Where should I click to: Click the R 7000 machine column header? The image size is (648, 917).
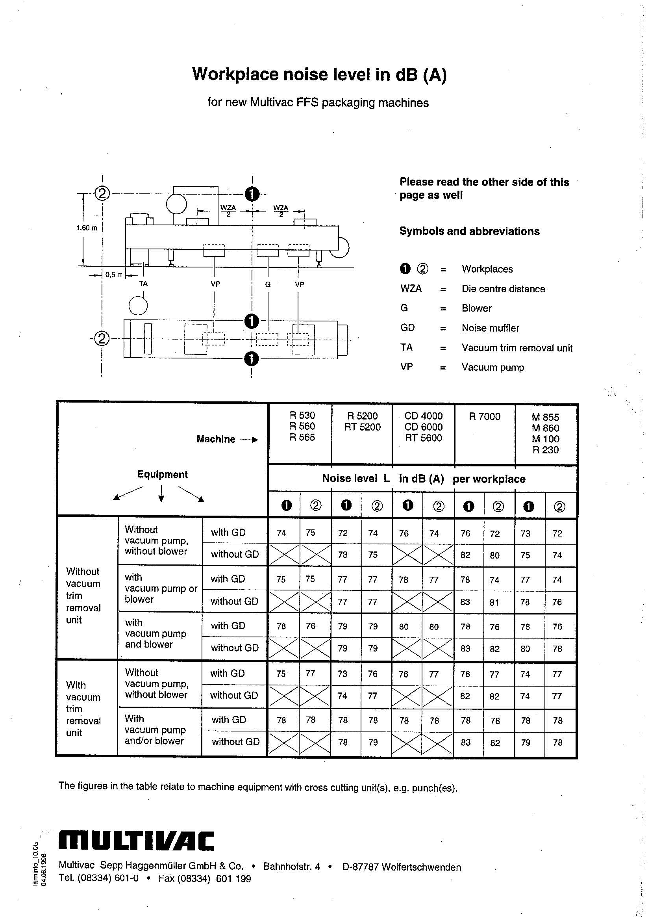(x=484, y=417)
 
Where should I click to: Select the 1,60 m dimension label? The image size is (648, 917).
(x=87, y=228)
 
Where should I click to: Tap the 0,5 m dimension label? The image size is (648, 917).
(x=114, y=275)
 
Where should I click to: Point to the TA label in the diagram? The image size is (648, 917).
(x=143, y=284)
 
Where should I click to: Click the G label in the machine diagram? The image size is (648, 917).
(x=267, y=284)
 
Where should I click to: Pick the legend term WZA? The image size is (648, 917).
(x=411, y=289)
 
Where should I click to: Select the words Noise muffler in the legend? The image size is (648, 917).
(x=490, y=328)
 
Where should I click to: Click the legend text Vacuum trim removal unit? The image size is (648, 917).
(x=517, y=348)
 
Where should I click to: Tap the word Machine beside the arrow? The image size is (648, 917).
(x=216, y=439)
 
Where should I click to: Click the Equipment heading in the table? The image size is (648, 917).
(x=163, y=475)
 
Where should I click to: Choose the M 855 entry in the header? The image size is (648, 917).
(x=545, y=418)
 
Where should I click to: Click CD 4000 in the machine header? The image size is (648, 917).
(x=424, y=416)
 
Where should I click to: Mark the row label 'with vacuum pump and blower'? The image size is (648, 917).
(x=156, y=633)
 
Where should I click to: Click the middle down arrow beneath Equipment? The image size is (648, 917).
(x=161, y=493)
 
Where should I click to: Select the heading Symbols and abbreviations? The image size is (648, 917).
(x=470, y=231)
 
